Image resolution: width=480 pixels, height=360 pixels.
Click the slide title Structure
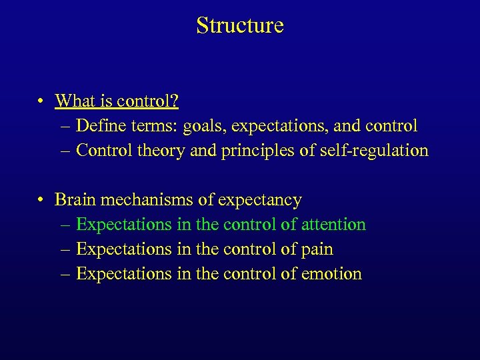click(x=240, y=25)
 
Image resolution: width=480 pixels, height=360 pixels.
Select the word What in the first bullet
click(x=75, y=101)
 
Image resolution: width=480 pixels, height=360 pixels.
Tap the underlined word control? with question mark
click(x=148, y=101)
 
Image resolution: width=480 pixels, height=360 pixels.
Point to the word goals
click(x=201, y=125)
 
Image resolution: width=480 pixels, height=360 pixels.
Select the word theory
click(x=162, y=150)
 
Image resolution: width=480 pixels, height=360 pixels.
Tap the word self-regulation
click(x=373, y=150)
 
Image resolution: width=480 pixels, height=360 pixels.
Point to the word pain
click(x=317, y=249)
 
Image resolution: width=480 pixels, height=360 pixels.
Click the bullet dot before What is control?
click(x=42, y=101)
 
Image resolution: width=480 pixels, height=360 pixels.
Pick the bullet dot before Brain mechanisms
click(x=42, y=200)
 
